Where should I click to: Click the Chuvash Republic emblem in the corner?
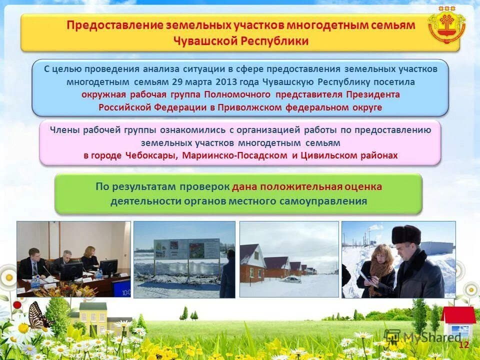[x=446, y=25]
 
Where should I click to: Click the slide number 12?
[x=463, y=344]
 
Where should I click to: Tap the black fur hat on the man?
[x=405, y=234]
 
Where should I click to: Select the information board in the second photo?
[x=186, y=249]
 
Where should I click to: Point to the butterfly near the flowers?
[x=39, y=316]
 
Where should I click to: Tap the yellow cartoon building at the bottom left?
[x=89, y=317]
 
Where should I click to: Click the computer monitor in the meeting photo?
[x=71, y=270]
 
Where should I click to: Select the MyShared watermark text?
[x=432, y=336]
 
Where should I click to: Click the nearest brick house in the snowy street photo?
[x=252, y=263]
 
